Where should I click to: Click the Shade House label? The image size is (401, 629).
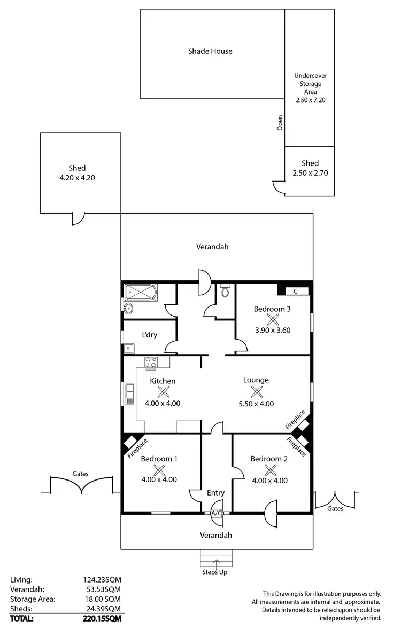pyautogui.click(x=210, y=51)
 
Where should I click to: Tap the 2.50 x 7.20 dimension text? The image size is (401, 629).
pyautogui.click(x=310, y=100)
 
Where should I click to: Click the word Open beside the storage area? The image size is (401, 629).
pyautogui.click(x=280, y=123)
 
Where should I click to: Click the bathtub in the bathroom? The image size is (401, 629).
pyautogui.click(x=141, y=292)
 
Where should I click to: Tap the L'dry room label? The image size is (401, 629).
pyautogui.click(x=149, y=335)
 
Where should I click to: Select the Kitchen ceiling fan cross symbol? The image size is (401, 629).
pyautogui.click(x=163, y=392)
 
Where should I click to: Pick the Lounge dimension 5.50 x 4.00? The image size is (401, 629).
pyautogui.click(x=256, y=403)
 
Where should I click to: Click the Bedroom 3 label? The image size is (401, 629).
pyautogui.click(x=272, y=309)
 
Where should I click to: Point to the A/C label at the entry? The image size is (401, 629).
pyautogui.click(x=217, y=513)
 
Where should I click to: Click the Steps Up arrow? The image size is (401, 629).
pyautogui.click(x=217, y=561)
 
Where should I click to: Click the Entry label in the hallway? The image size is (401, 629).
pyautogui.click(x=215, y=493)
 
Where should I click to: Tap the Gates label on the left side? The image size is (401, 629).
pyautogui.click(x=81, y=473)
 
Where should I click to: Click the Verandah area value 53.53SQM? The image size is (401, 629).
pyautogui.click(x=100, y=589)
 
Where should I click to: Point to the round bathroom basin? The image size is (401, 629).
pyautogui.click(x=128, y=309)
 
